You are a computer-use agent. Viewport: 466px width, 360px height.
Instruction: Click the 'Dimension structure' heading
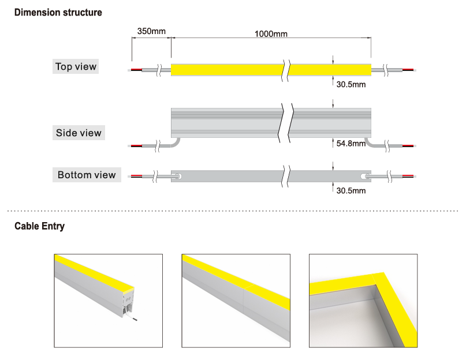click(x=58, y=12)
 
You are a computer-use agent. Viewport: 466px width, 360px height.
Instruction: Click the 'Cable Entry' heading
click(x=39, y=226)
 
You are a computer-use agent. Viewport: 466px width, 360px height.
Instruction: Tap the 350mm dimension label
click(x=151, y=31)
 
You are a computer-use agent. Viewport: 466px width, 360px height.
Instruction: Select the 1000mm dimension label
click(x=271, y=33)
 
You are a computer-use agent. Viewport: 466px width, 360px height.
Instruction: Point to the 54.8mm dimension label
click(x=351, y=143)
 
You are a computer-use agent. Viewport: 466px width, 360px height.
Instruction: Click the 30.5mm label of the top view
click(x=351, y=84)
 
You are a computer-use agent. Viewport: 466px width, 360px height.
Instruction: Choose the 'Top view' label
click(x=76, y=66)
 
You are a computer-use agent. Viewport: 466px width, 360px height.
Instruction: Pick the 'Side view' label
click(x=79, y=133)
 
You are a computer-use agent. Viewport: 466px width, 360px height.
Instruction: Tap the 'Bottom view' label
click(x=87, y=175)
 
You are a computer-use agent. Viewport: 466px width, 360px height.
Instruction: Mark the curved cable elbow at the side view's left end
click(x=176, y=141)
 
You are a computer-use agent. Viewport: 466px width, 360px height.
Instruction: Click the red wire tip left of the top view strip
click(x=136, y=70)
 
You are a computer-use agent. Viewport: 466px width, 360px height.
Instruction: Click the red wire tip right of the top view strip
click(x=408, y=70)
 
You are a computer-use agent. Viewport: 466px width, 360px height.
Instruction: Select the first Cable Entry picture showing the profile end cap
click(x=108, y=301)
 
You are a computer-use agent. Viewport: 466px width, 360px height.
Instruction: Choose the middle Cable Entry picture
click(x=236, y=301)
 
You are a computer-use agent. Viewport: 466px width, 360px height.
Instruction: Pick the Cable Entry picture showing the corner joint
click(x=363, y=301)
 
